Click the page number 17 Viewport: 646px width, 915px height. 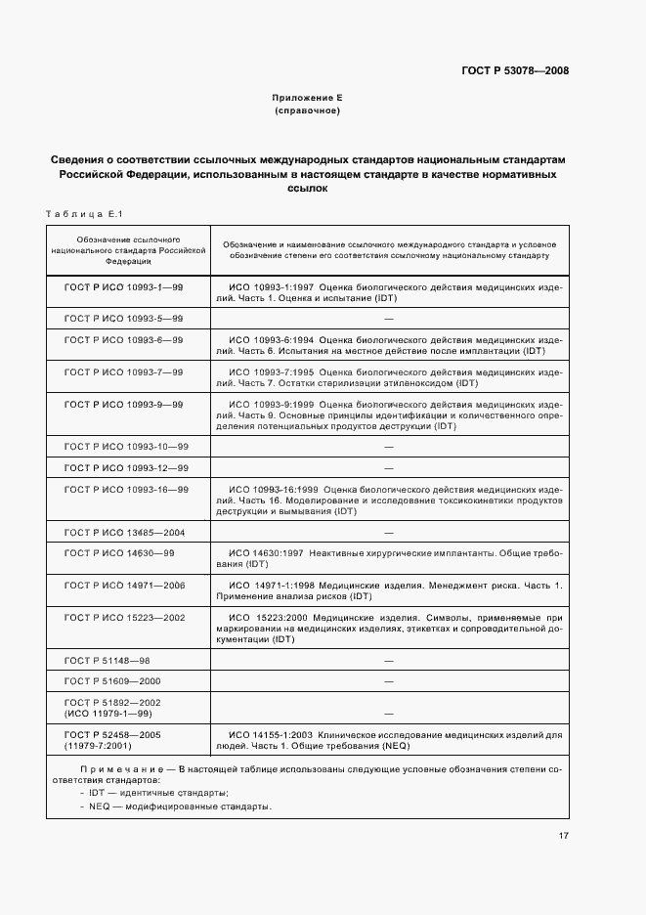point(564,835)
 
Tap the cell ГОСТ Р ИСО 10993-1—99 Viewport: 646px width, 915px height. point(123,287)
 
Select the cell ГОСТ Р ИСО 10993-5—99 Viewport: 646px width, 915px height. point(123,319)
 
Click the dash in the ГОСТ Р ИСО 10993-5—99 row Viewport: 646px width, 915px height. point(388,319)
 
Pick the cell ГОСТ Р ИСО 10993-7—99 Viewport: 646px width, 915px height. point(123,371)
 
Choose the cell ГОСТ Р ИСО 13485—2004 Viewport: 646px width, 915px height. point(124,532)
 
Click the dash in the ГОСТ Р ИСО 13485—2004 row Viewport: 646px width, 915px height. point(388,532)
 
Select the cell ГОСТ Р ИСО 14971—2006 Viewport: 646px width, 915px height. point(124,585)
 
